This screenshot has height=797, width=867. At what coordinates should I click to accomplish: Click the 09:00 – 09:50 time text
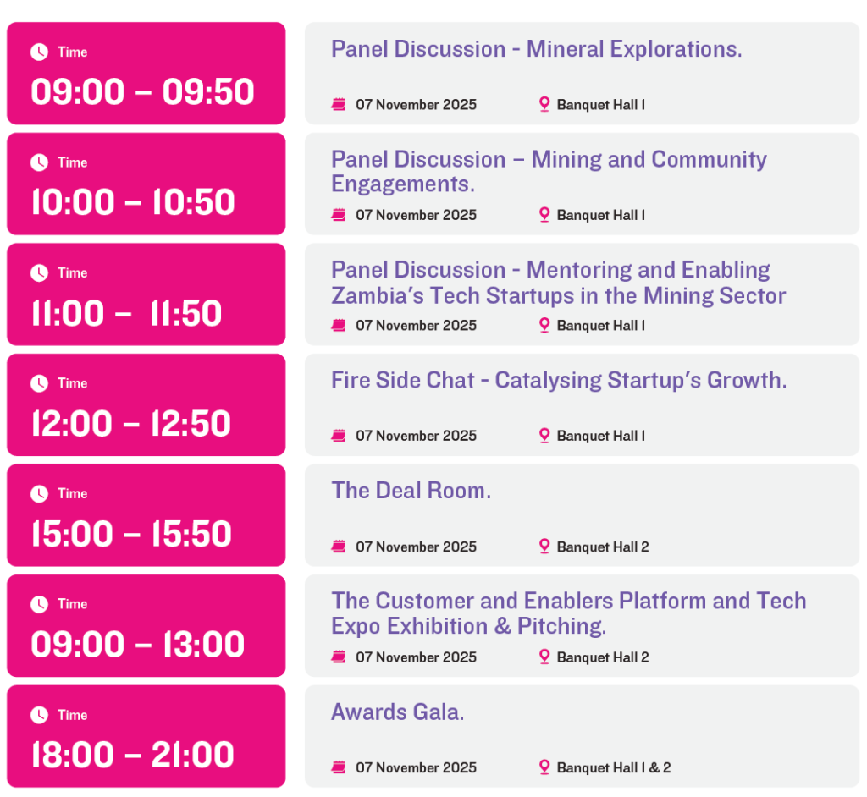(x=142, y=91)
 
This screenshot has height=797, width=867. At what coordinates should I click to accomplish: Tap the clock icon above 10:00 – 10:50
(x=39, y=162)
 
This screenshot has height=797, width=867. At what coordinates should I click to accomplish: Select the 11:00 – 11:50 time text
(x=127, y=313)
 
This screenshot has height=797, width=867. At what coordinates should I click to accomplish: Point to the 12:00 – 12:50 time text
(x=131, y=423)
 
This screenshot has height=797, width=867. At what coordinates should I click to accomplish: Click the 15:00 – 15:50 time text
(x=131, y=534)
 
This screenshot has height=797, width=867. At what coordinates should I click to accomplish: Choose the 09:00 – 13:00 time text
(x=138, y=645)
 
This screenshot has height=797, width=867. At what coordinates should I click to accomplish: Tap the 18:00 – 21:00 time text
(x=133, y=755)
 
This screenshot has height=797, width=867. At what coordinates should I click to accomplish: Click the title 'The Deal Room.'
(x=411, y=491)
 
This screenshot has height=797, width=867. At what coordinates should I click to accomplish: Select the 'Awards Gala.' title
(x=398, y=712)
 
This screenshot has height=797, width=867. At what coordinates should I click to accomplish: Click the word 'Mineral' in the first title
(x=565, y=49)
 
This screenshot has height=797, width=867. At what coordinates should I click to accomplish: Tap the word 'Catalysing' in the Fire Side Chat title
(x=548, y=380)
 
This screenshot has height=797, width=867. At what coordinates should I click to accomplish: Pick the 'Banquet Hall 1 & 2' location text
(x=614, y=767)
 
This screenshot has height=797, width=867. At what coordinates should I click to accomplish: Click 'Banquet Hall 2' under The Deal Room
(x=603, y=547)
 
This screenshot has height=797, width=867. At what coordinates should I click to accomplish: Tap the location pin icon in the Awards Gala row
(x=544, y=767)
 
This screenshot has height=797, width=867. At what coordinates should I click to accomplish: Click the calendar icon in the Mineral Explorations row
(x=339, y=104)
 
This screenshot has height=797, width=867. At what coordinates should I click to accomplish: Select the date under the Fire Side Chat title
(x=416, y=436)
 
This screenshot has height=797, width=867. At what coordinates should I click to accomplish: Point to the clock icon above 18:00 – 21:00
(x=39, y=715)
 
